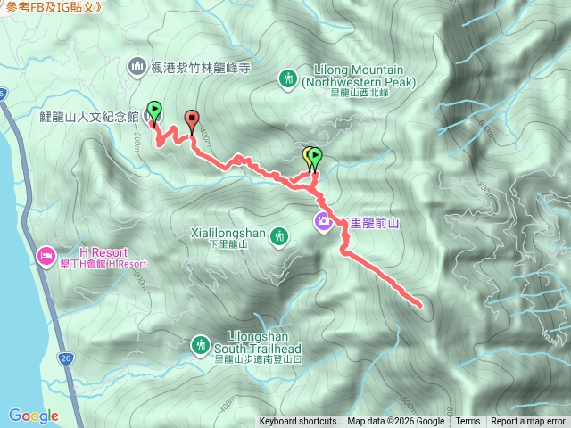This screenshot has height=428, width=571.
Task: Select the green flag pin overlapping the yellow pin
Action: pyautogui.click(x=314, y=157)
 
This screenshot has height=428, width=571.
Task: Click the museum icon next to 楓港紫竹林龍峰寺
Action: pyautogui.click(x=137, y=66)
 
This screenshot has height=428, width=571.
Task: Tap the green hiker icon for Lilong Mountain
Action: pyautogui.click(x=288, y=78)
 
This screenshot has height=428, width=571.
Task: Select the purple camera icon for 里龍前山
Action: pyautogui.click(x=323, y=221)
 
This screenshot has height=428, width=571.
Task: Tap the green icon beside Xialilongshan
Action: pyautogui.click(x=280, y=235)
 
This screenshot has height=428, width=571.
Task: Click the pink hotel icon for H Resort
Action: pyautogui.click(x=45, y=258)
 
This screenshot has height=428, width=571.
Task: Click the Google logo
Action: pyautogui.click(x=33, y=416)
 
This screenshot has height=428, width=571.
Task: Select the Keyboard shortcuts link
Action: pyautogui.click(x=298, y=422)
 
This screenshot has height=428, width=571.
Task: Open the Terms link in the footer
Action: pyautogui.click(x=468, y=422)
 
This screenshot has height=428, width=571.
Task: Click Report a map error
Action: pyautogui.click(x=528, y=422)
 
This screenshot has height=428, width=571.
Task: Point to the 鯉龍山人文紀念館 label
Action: pyautogui.click(x=89, y=117)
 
